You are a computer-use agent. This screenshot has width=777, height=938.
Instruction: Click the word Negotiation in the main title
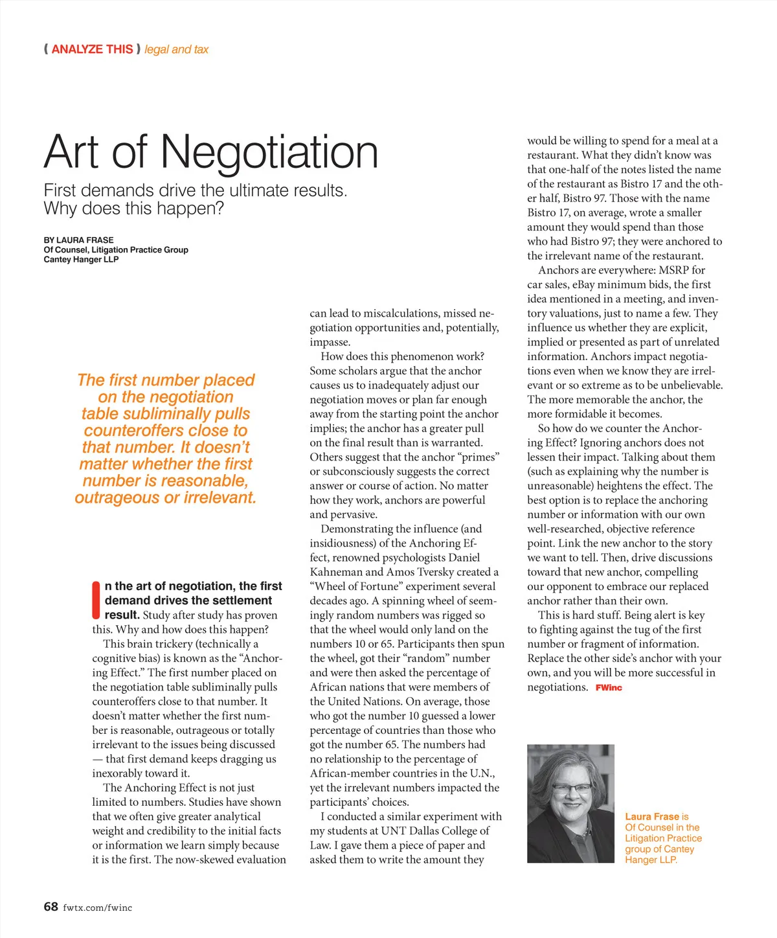click(269, 152)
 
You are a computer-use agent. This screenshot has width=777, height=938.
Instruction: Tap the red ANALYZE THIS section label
click(92, 49)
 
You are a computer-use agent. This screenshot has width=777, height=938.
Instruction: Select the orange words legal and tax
click(176, 49)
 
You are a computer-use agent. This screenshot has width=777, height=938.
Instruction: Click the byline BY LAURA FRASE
click(78, 240)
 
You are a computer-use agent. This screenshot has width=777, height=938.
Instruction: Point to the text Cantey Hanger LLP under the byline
click(81, 259)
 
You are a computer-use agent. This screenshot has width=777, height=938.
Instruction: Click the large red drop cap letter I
click(96, 600)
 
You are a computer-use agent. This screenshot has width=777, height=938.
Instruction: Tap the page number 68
click(51, 907)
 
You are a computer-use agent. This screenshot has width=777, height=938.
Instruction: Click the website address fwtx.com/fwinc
click(97, 908)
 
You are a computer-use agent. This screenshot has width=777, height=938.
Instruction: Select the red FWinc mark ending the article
click(608, 687)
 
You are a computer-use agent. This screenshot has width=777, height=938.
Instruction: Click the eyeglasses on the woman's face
click(571, 788)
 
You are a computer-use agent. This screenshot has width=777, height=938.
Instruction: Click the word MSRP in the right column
click(673, 270)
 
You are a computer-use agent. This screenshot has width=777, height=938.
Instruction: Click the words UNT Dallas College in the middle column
click(428, 830)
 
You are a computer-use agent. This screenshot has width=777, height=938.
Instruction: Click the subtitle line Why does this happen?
click(133, 209)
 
